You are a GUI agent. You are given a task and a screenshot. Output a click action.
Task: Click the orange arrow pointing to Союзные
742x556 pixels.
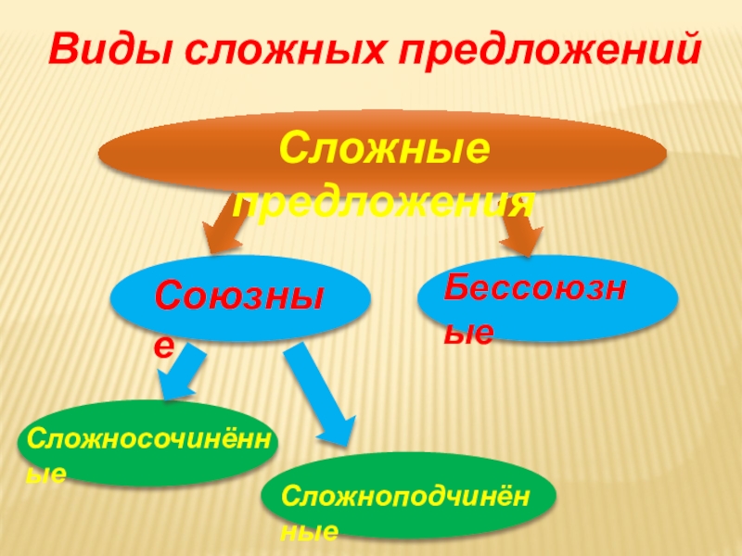pos(223,227)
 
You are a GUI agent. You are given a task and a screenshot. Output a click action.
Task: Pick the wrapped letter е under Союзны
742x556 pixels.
pos(164,345)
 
